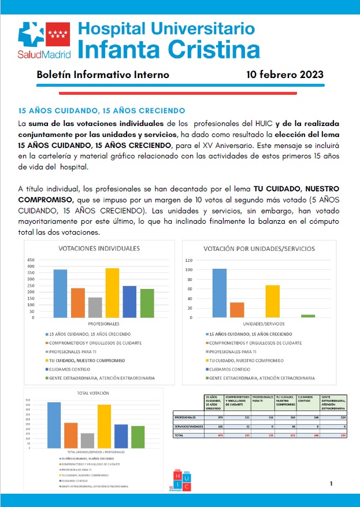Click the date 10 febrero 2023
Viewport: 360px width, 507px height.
284,75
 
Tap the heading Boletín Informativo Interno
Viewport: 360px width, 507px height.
103,75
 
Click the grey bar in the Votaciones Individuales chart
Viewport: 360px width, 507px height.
95,307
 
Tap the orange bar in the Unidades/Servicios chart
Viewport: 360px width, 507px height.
237,310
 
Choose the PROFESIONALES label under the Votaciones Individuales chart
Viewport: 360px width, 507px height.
103,323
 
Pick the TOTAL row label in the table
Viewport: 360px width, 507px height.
179,434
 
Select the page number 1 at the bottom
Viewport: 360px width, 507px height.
331,483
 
